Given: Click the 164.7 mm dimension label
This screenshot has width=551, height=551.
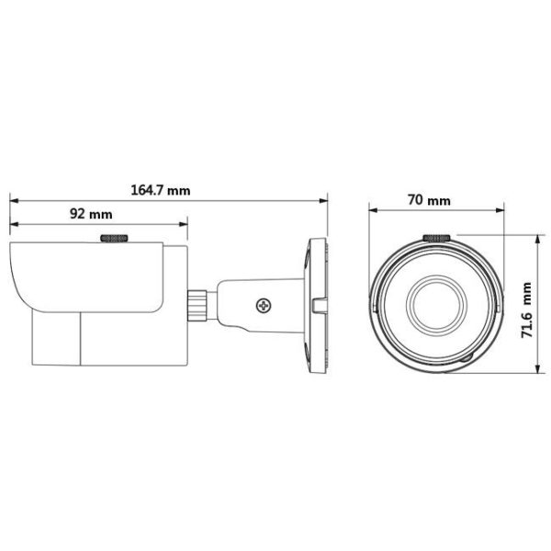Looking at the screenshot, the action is (x=161, y=191).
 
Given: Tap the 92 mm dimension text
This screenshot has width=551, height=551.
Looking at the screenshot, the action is (x=91, y=214).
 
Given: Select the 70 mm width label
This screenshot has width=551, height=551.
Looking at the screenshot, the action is (x=429, y=200).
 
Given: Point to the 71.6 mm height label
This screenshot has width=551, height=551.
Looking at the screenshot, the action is (x=526, y=310).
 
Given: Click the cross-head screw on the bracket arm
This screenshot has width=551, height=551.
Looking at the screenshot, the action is (x=264, y=306).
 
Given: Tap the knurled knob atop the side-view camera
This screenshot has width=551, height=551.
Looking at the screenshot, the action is (x=114, y=238).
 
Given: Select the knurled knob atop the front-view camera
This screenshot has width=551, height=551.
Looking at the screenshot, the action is (x=437, y=238).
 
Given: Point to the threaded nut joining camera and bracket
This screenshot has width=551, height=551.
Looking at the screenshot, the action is (x=197, y=305).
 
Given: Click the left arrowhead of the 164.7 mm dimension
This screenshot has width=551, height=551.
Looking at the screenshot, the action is (x=14, y=200).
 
